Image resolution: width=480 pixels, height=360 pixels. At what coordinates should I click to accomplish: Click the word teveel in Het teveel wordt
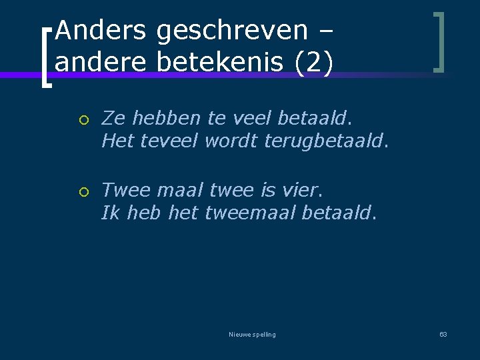pyautogui.click(x=169, y=141)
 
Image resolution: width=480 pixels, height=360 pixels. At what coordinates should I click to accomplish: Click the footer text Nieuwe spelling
pyautogui.click(x=252, y=334)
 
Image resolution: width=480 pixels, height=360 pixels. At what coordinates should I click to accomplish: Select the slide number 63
pyautogui.click(x=443, y=334)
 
